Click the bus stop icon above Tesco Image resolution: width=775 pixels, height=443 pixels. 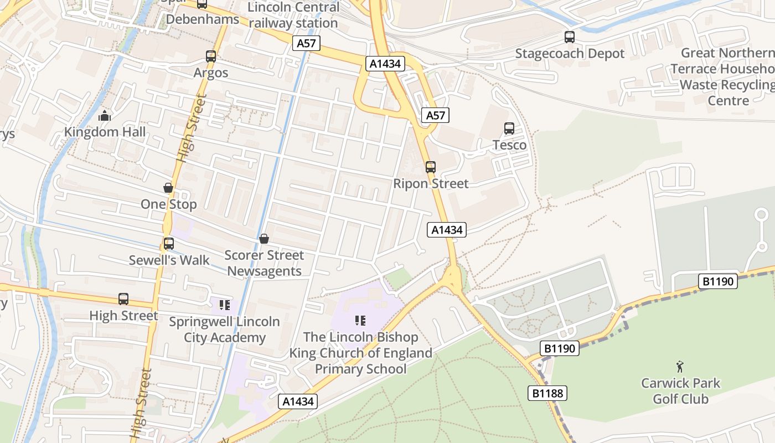pos(509,128)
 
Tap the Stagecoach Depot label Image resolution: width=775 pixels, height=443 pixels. pos(570,53)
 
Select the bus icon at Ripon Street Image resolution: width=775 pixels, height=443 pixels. pos(430,167)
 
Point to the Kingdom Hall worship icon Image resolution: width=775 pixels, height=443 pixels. pos(105,116)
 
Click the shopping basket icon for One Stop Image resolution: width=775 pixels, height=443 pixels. pos(168,188)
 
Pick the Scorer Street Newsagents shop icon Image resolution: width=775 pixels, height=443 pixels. pos(264,239)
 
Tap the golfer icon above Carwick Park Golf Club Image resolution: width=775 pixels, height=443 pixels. pos(680,367)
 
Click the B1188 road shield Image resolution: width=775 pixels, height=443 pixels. pos(547,393)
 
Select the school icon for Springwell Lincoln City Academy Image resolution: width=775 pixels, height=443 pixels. pos(224,305)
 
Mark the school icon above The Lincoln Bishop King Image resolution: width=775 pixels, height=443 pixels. pos(360,321)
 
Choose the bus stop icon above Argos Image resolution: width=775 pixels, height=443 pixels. pos(211,56)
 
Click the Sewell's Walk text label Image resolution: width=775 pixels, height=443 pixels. pos(169,260)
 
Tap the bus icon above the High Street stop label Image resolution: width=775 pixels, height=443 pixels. pos(123,299)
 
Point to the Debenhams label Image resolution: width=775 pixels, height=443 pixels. pos(203,19)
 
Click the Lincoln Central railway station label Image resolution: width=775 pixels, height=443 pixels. pos(293,15)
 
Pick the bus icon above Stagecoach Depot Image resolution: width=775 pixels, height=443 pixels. pos(570,37)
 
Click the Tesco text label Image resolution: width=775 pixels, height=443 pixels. pos(509,145)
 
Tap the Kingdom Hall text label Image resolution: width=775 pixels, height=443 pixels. pos(105,132)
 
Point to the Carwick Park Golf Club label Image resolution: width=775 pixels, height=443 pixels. pos(680,390)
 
